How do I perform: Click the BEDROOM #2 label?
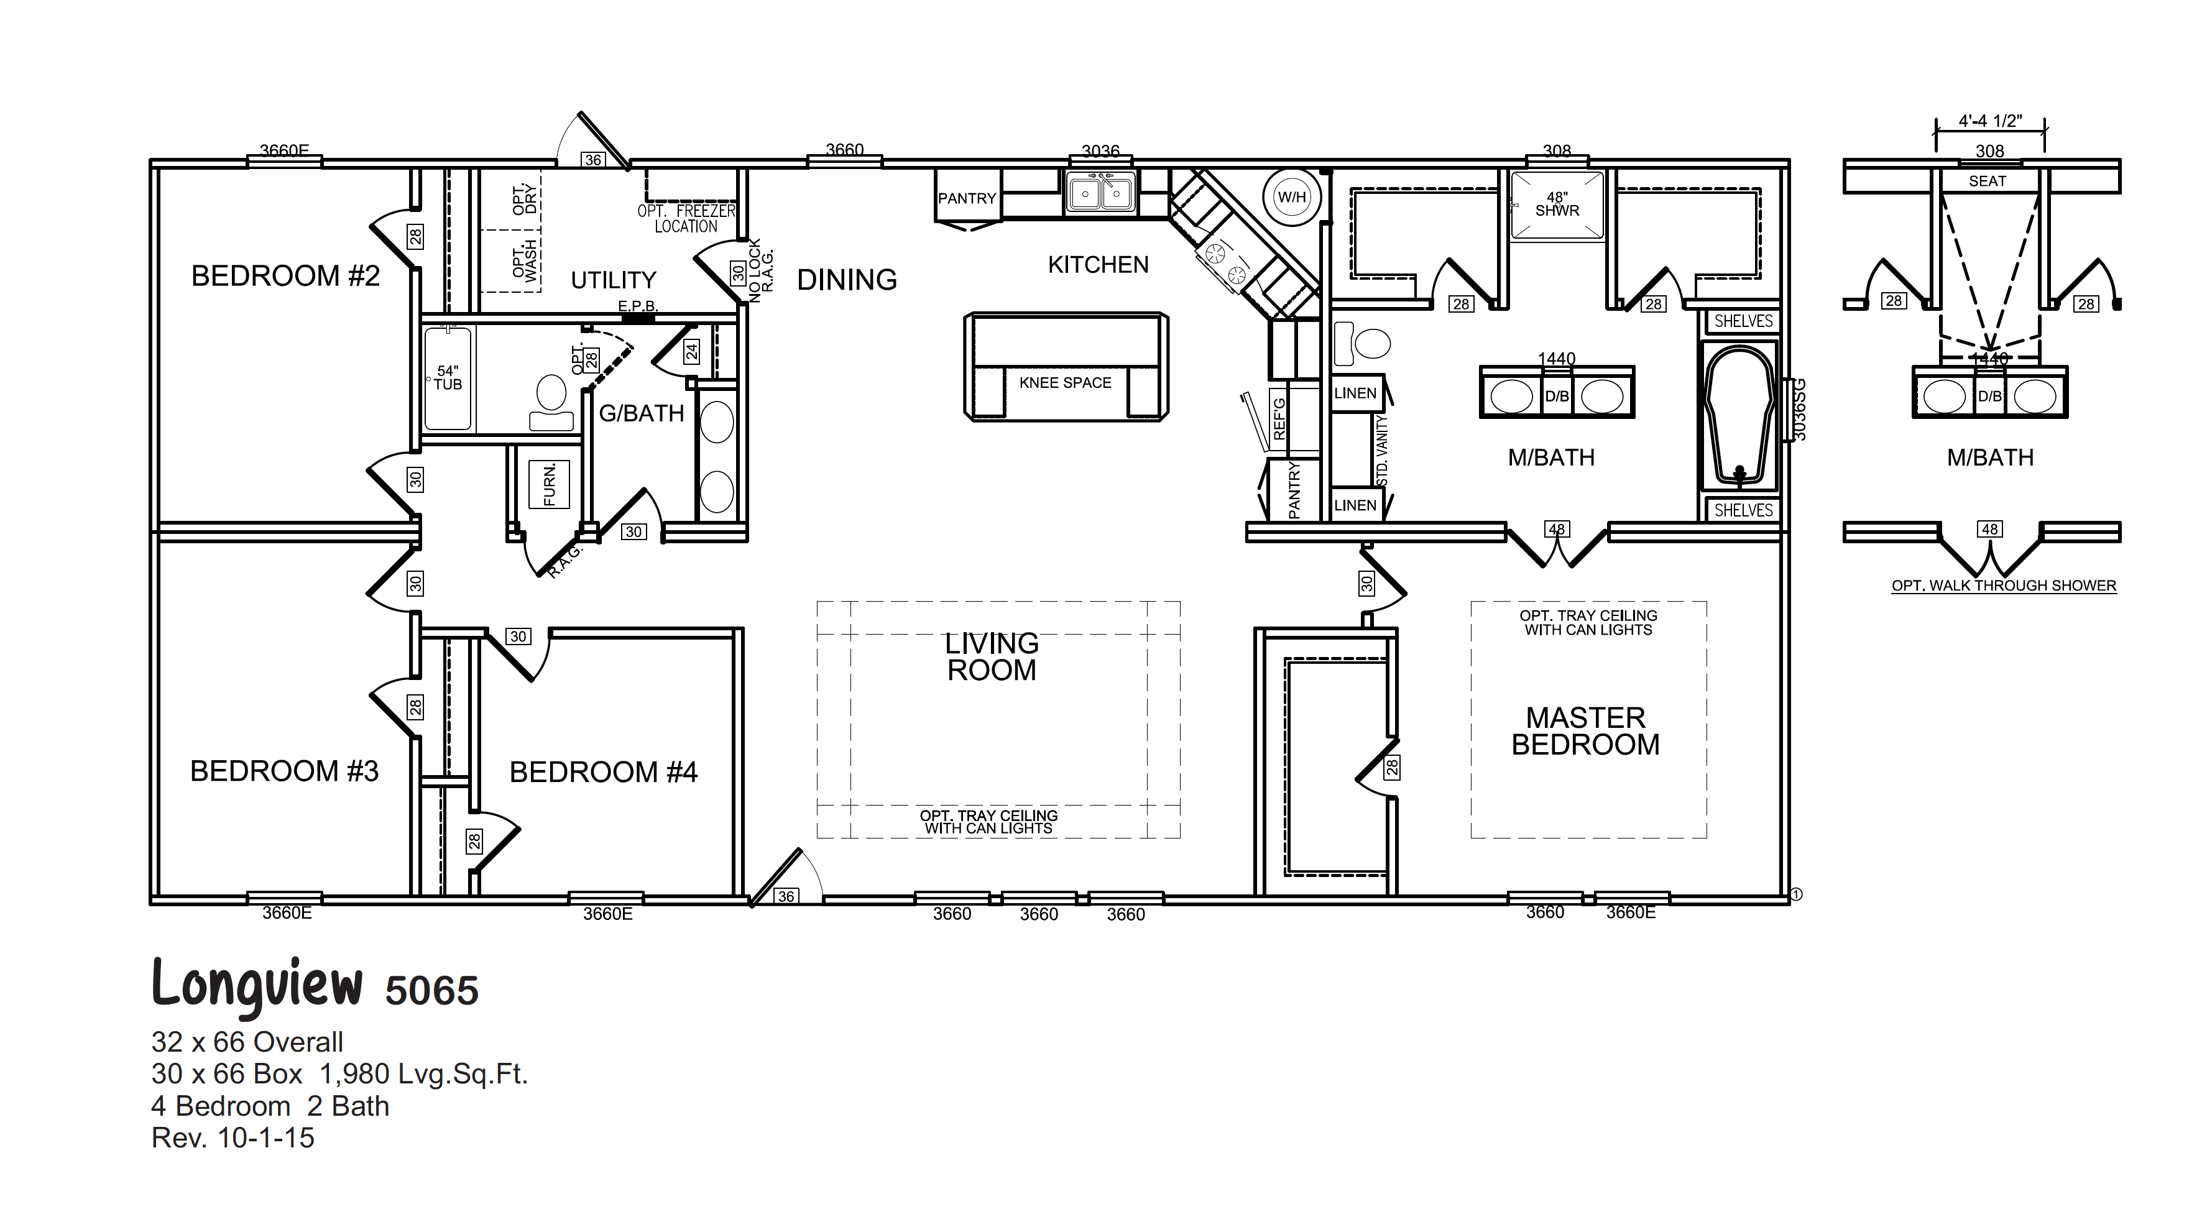[x=285, y=276]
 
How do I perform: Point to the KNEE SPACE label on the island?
[x=1065, y=383]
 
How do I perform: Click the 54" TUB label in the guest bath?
[x=447, y=378]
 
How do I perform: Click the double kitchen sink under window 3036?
[x=1100, y=194]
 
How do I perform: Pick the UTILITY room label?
[x=613, y=280]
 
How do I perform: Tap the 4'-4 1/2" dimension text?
[x=1989, y=121]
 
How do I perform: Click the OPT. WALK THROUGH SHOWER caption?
[x=2003, y=586]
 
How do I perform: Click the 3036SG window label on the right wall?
[x=1798, y=410]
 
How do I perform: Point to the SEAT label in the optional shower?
[x=1987, y=181]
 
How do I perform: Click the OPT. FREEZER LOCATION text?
[x=686, y=219]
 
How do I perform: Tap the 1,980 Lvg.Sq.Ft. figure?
[x=423, y=1074]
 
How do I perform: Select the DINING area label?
[x=846, y=280]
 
